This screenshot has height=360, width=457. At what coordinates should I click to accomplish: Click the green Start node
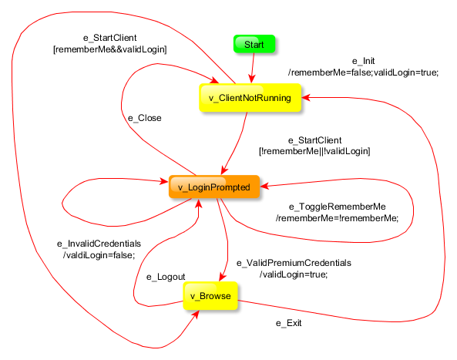[x=254, y=44]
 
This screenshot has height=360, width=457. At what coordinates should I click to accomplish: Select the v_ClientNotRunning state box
[x=250, y=98]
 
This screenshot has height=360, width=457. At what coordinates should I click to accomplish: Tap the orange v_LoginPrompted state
[x=214, y=187]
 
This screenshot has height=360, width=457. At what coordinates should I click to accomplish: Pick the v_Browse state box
[x=210, y=296]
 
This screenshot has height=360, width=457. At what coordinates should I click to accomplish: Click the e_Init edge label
[x=364, y=61]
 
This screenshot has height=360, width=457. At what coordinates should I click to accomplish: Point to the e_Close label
[x=145, y=118]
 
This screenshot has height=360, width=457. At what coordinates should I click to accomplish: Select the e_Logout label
[x=166, y=277]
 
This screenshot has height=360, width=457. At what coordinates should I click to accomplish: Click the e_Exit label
[x=288, y=323]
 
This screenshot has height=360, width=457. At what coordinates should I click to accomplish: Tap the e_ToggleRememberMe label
[x=338, y=207]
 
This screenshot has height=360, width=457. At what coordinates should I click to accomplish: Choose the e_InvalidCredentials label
[x=99, y=244]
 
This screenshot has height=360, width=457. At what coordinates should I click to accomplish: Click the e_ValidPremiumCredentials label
[x=294, y=263]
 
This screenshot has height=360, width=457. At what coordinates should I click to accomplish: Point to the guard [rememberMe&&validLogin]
[x=110, y=49]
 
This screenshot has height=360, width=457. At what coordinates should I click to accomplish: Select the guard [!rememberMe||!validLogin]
[x=314, y=151]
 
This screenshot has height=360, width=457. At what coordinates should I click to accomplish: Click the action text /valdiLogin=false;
[x=99, y=255]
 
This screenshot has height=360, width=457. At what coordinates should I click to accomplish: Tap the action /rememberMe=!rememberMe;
[x=338, y=218]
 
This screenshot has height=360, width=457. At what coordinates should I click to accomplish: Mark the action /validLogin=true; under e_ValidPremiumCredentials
[x=294, y=274]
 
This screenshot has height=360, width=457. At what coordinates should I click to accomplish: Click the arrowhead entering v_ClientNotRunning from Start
[x=252, y=79]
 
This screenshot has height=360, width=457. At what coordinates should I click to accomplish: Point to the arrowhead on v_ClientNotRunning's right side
[x=306, y=97]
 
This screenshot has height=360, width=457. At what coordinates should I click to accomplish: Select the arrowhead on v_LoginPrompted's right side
[x=264, y=186]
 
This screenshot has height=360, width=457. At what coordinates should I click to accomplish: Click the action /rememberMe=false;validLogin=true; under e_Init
[x=364, y=72]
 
